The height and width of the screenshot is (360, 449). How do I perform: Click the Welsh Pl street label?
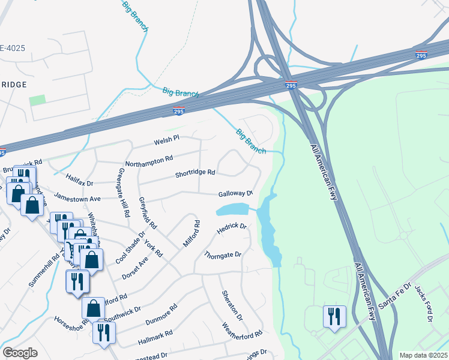tap(167, 139)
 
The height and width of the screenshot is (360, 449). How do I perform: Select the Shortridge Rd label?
tap(195, 173)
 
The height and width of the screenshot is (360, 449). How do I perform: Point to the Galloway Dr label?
tap(235, 193)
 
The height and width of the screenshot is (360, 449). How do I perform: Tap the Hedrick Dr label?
tap(232, 228)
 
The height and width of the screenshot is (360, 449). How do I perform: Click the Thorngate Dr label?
tap(222, 255)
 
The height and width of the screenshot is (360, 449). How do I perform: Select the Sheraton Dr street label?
tap(232, 305)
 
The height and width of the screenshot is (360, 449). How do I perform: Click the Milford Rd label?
tap(191, 234)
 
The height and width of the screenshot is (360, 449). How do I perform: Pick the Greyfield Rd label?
tap(147, 213)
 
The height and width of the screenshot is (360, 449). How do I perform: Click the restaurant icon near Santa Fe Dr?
tap(334, 316)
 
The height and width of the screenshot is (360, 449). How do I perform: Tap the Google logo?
tap(20, 353)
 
